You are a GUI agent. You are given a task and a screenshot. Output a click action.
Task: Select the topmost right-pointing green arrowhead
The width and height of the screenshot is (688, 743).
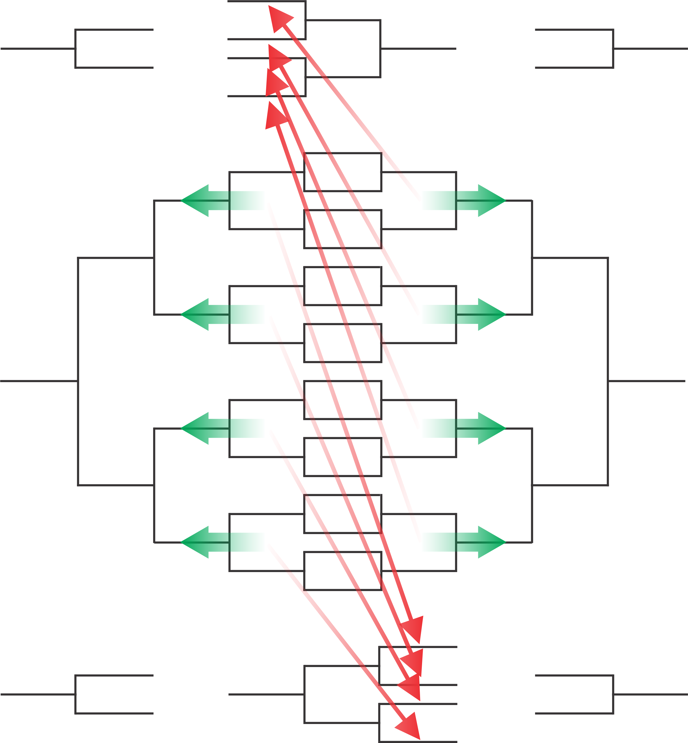point(492,201)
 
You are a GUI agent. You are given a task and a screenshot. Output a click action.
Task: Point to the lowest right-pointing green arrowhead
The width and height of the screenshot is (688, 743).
point(492,542)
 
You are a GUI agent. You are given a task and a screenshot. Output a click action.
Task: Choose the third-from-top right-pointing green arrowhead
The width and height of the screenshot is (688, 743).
point(492,428)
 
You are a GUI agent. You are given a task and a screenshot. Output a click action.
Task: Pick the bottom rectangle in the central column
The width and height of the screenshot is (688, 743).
point(343,571)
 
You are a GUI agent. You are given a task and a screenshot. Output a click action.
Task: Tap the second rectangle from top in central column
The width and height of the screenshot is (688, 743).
point(343,229)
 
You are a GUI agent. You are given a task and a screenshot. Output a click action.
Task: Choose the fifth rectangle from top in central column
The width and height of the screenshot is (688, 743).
point(343,400)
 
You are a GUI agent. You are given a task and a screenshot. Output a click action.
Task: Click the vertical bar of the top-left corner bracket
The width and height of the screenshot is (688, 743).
point(76,48)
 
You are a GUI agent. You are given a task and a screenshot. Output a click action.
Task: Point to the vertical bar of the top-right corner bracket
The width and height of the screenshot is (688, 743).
point(613,48)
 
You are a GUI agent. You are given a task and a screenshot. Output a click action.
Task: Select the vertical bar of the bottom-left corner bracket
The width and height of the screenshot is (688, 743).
point(76,694)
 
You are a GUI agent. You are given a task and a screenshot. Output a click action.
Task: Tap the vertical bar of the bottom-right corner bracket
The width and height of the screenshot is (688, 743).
point(613,694)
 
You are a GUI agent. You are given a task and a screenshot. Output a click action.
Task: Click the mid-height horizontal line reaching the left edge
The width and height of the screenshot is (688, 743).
point(37,381)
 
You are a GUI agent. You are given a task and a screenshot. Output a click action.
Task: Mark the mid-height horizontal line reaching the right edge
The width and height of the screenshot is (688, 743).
point(648,381)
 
